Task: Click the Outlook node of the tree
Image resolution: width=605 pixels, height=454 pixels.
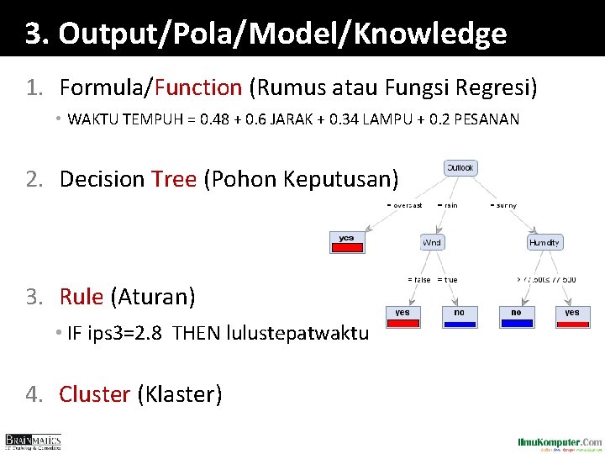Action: (x=460, y=168)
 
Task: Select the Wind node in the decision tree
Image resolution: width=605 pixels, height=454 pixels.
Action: (x=433, y=243)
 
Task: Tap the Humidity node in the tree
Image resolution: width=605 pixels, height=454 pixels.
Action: (x=544, y=243)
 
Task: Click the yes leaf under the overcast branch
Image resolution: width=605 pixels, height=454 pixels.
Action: (x=347, y=241)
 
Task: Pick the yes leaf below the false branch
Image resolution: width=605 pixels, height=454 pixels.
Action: (x=402, y=315)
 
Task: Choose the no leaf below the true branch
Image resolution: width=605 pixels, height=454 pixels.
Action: (x=459, y=315)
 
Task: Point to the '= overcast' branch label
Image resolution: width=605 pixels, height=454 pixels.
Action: (x=405, y=205)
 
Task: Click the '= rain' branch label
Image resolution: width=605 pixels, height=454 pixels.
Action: (x=448, y=205)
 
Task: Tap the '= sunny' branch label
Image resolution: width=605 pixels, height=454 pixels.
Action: (x=502, y=205)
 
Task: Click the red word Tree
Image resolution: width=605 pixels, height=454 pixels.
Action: (x=174, y=179)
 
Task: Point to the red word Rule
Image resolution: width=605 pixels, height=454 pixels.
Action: (x=81, y=296)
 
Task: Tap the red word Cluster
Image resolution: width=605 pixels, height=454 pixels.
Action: (x=94, y=393)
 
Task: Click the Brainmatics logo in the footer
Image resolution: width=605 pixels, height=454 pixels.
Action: (x=33, y=441)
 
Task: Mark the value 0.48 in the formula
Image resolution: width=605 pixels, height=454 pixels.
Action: (x=229, y=119)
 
